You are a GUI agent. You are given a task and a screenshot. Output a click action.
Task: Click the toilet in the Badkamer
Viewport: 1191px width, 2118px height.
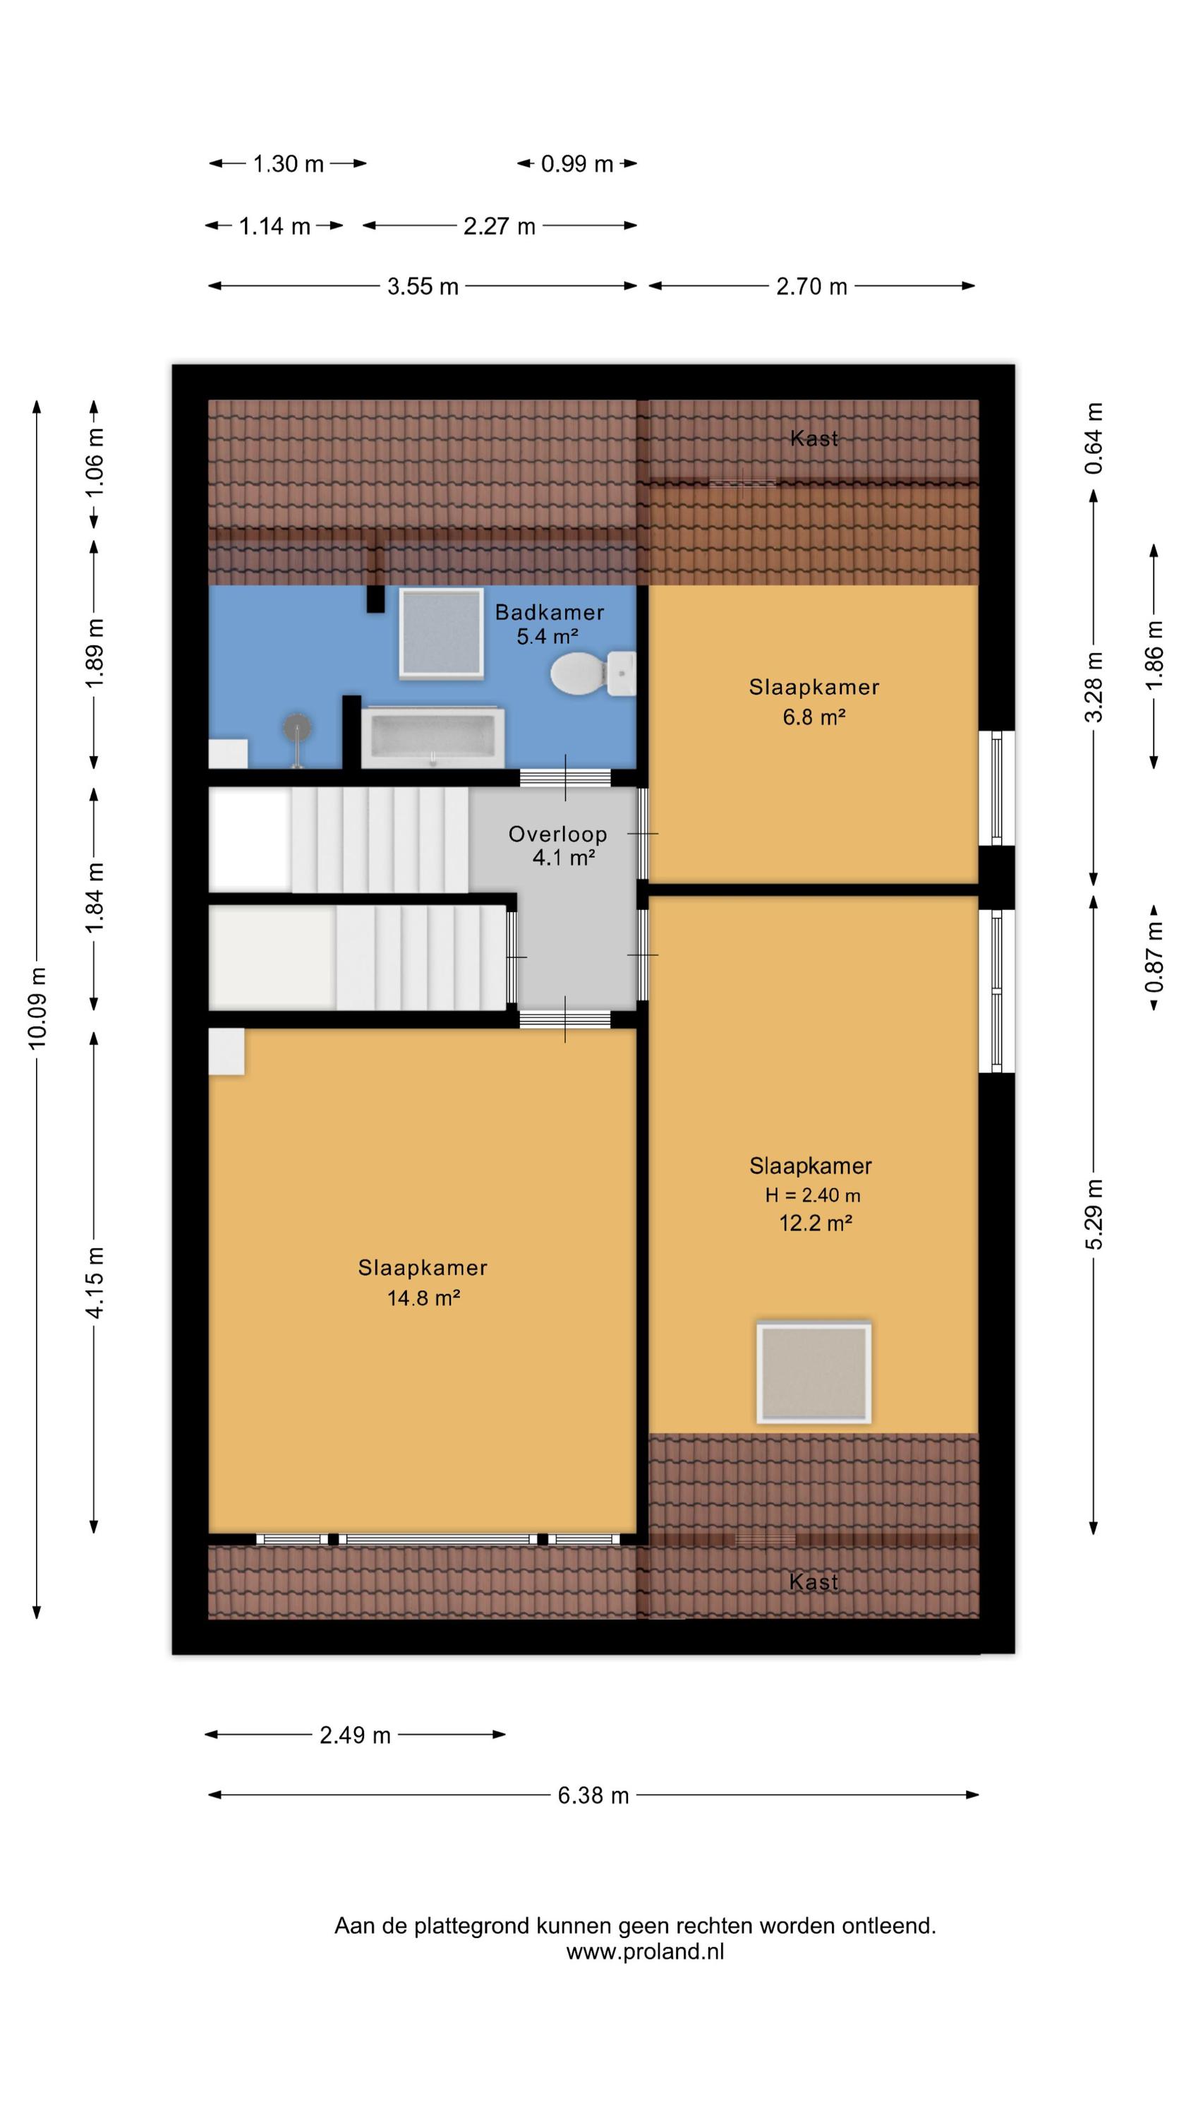pyautogui.click(x=593, y=674)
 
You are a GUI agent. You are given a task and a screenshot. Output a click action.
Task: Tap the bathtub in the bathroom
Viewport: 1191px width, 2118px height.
pyautogui.click(x=433, y=736)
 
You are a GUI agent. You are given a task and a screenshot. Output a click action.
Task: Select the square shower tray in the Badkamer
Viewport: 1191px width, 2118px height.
pyautogui.click(x=440, y=633)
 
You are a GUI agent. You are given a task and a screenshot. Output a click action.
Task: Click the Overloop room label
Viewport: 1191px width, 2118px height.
pyautogui.click(x=557, y=834)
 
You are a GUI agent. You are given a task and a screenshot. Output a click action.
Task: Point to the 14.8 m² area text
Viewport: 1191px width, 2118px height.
pyautogui.click(x=423, y=1298)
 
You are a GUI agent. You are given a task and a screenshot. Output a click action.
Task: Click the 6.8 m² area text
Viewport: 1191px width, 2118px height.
pyautogui.click(x=814, y=717)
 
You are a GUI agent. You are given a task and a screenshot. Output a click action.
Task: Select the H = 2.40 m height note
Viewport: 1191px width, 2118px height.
pyautogui.click(x=813, y=1195)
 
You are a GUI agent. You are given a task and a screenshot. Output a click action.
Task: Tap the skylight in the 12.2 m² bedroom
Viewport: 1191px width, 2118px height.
pyautogui.click(x=813, y=1372)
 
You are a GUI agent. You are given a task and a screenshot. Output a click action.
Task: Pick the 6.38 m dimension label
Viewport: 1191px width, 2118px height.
pyautogui.click(x=593, y=1795)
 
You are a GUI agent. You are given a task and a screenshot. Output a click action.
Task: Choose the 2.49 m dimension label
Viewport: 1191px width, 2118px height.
pyautogui.click(x=355, y=1735)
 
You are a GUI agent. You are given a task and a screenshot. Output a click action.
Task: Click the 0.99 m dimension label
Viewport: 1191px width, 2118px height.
pyautogui.click(x=577, y=164)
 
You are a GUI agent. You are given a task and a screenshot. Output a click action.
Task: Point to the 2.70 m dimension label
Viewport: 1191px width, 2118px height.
pyautogui.click(x=811, y=286)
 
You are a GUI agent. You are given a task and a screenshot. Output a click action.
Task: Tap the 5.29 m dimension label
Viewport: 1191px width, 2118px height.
pyautogui.click(x=1094, y=1214)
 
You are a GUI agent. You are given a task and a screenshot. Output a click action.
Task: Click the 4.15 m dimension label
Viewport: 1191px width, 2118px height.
pyautogui.click(x=95, y=1283)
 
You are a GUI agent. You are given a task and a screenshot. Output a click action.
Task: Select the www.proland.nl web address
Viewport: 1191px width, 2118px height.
pyautogui.click(x=645, y=1952)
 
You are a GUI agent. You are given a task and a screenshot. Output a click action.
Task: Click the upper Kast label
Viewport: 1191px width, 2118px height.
pyautogui.click(x=814, y=438)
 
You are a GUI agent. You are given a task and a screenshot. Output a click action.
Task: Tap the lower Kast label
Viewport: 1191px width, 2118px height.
pyautogui.click(x=814, y=1581)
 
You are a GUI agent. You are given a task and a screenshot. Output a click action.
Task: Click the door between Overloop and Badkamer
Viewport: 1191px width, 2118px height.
pyautogui.click(x=565, y=778)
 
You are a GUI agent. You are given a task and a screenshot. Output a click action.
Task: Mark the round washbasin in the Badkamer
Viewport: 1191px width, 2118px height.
pyautogui.click(x=298, y=729)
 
